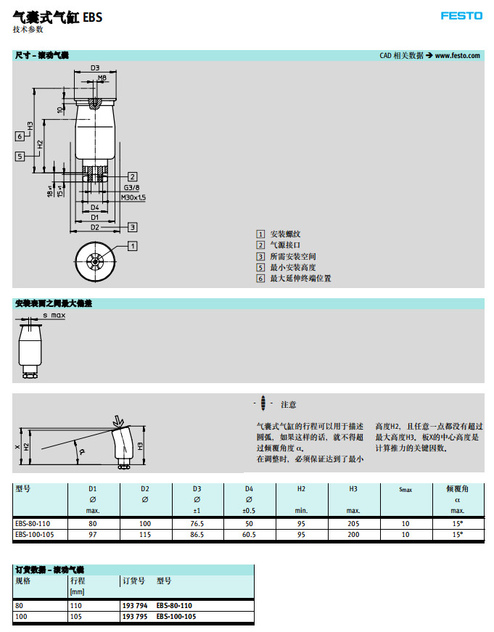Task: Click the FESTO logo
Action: click(461, 16)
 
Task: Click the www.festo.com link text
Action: click(458, 56)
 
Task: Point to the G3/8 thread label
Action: click(131, 187)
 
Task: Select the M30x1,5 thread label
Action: click(133, 197)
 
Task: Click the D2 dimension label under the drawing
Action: click(95, 227)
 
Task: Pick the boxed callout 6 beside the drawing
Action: click(20, 136)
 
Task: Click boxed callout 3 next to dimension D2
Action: click(133, 226)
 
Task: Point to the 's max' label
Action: click(54, 316)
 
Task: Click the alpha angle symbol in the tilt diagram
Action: click(81, 451)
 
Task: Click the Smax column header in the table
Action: click(406, 490)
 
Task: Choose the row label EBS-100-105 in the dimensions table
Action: click(36, 535)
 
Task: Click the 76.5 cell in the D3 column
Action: click(197, 523)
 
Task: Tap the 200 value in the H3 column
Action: click(353, 535)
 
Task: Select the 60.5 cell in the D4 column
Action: click(249, 535)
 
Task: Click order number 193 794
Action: click(135, 604)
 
